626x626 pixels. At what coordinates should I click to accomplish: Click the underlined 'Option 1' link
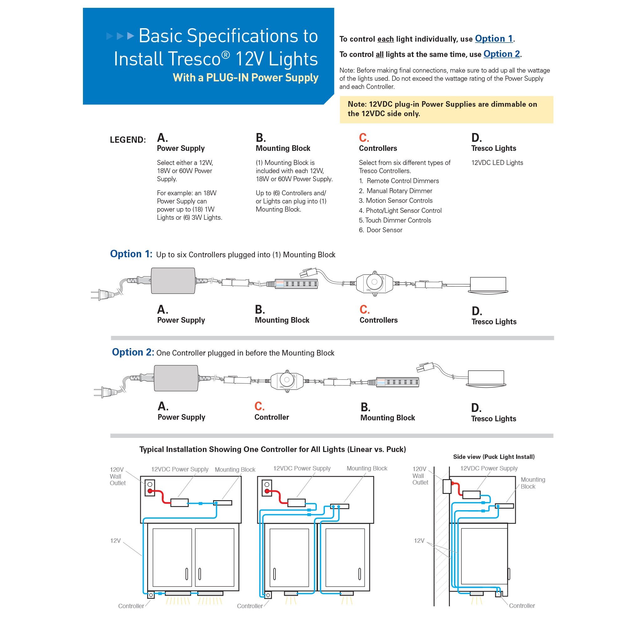(x=494, y=39)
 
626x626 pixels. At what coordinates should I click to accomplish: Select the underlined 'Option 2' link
(x=501, y=54)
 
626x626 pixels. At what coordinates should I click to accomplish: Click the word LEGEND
(x=128, y=140)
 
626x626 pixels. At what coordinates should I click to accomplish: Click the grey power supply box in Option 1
(x=173, y=280)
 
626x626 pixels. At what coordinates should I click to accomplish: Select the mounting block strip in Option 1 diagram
(x=296, y=284)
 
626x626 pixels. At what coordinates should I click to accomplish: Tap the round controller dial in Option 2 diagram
(x=286, y=380)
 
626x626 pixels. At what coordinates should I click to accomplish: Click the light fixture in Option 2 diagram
(x=486, y=378)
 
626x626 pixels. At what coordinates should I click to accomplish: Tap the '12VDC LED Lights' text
(x=497, y=163)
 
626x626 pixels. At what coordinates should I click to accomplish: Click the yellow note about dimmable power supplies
(x=446, y=109)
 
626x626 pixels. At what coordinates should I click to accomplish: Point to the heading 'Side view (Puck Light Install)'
(x=494, y=457)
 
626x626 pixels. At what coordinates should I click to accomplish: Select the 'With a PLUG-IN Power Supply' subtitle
(x=245, y=78)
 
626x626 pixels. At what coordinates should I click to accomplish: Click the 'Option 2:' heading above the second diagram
(x=133, y=352)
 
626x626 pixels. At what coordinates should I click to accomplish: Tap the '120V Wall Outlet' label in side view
(x=420, y=476)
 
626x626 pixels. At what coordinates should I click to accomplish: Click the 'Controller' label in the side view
(x=522, y=606)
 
